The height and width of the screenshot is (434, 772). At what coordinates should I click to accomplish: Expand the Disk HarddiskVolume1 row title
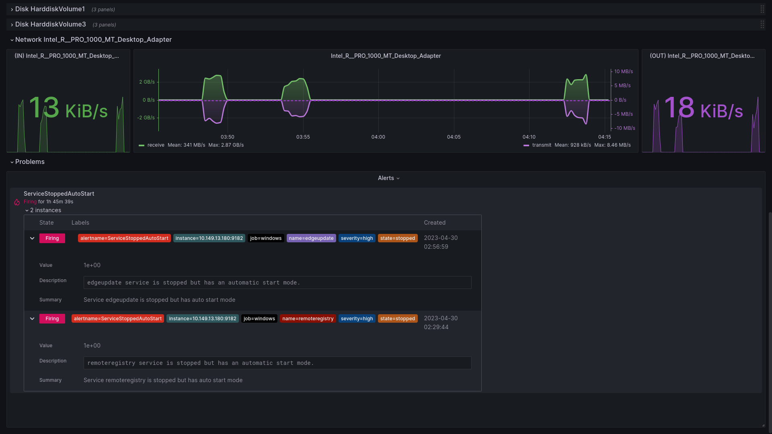(50, 9)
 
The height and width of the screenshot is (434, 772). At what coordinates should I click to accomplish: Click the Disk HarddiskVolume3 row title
(51, 25)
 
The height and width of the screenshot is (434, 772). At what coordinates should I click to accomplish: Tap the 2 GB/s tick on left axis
(147, 82)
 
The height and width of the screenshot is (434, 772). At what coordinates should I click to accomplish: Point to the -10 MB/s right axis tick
(625, 128)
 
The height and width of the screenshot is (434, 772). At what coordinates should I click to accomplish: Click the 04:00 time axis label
(378, 137)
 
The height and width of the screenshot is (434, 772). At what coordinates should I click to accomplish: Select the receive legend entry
(156, 145)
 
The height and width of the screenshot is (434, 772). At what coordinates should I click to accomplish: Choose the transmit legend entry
(542, 145)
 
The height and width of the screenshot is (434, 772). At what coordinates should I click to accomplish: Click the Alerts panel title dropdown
(389, 178)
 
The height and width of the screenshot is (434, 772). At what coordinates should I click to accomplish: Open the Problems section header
(30, 162)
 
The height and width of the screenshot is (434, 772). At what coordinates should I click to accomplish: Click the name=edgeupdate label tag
(311, 238)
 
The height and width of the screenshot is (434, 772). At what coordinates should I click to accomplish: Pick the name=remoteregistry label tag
(308, 319)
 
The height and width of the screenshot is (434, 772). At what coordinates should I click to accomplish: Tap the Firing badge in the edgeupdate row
(52, 238)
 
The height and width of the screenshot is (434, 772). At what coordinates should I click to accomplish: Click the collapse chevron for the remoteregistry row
(32, 319)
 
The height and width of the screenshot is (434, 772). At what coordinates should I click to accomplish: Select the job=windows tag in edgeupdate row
(266, 238)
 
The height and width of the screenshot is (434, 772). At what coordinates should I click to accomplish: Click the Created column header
(435, 223)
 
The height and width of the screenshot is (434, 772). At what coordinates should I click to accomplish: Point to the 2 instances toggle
(43, 210)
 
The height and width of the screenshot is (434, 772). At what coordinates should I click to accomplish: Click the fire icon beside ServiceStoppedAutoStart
(17, 202)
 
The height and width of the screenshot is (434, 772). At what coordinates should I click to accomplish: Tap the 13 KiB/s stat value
(68, 108)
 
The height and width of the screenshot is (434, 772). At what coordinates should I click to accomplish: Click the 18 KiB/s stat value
(704, 108)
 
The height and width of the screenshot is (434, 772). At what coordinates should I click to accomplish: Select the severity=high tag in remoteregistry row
(357, 319)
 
